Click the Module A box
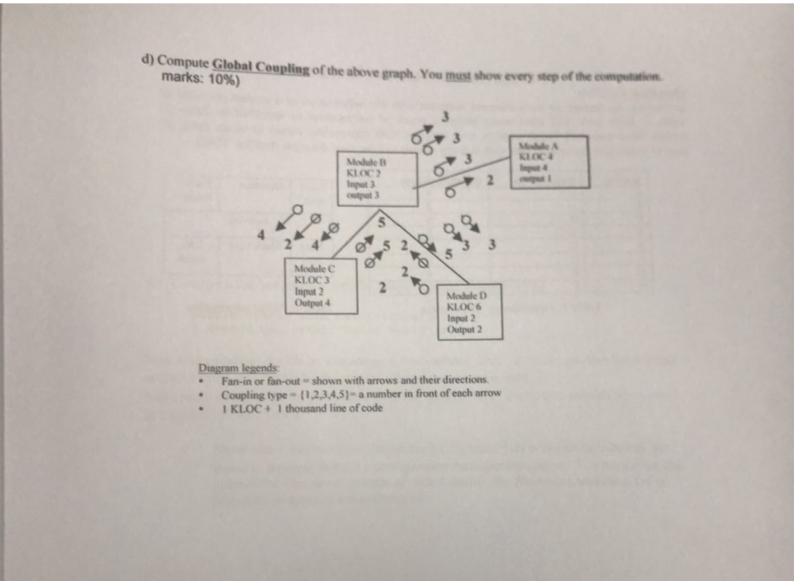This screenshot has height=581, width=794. (545, 162)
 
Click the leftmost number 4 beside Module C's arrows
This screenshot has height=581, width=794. (264, 236)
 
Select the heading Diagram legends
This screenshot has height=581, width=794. (239, 367)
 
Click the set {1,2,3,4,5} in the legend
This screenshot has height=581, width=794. (321, 394)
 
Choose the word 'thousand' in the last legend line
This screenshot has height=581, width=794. (308, 407)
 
